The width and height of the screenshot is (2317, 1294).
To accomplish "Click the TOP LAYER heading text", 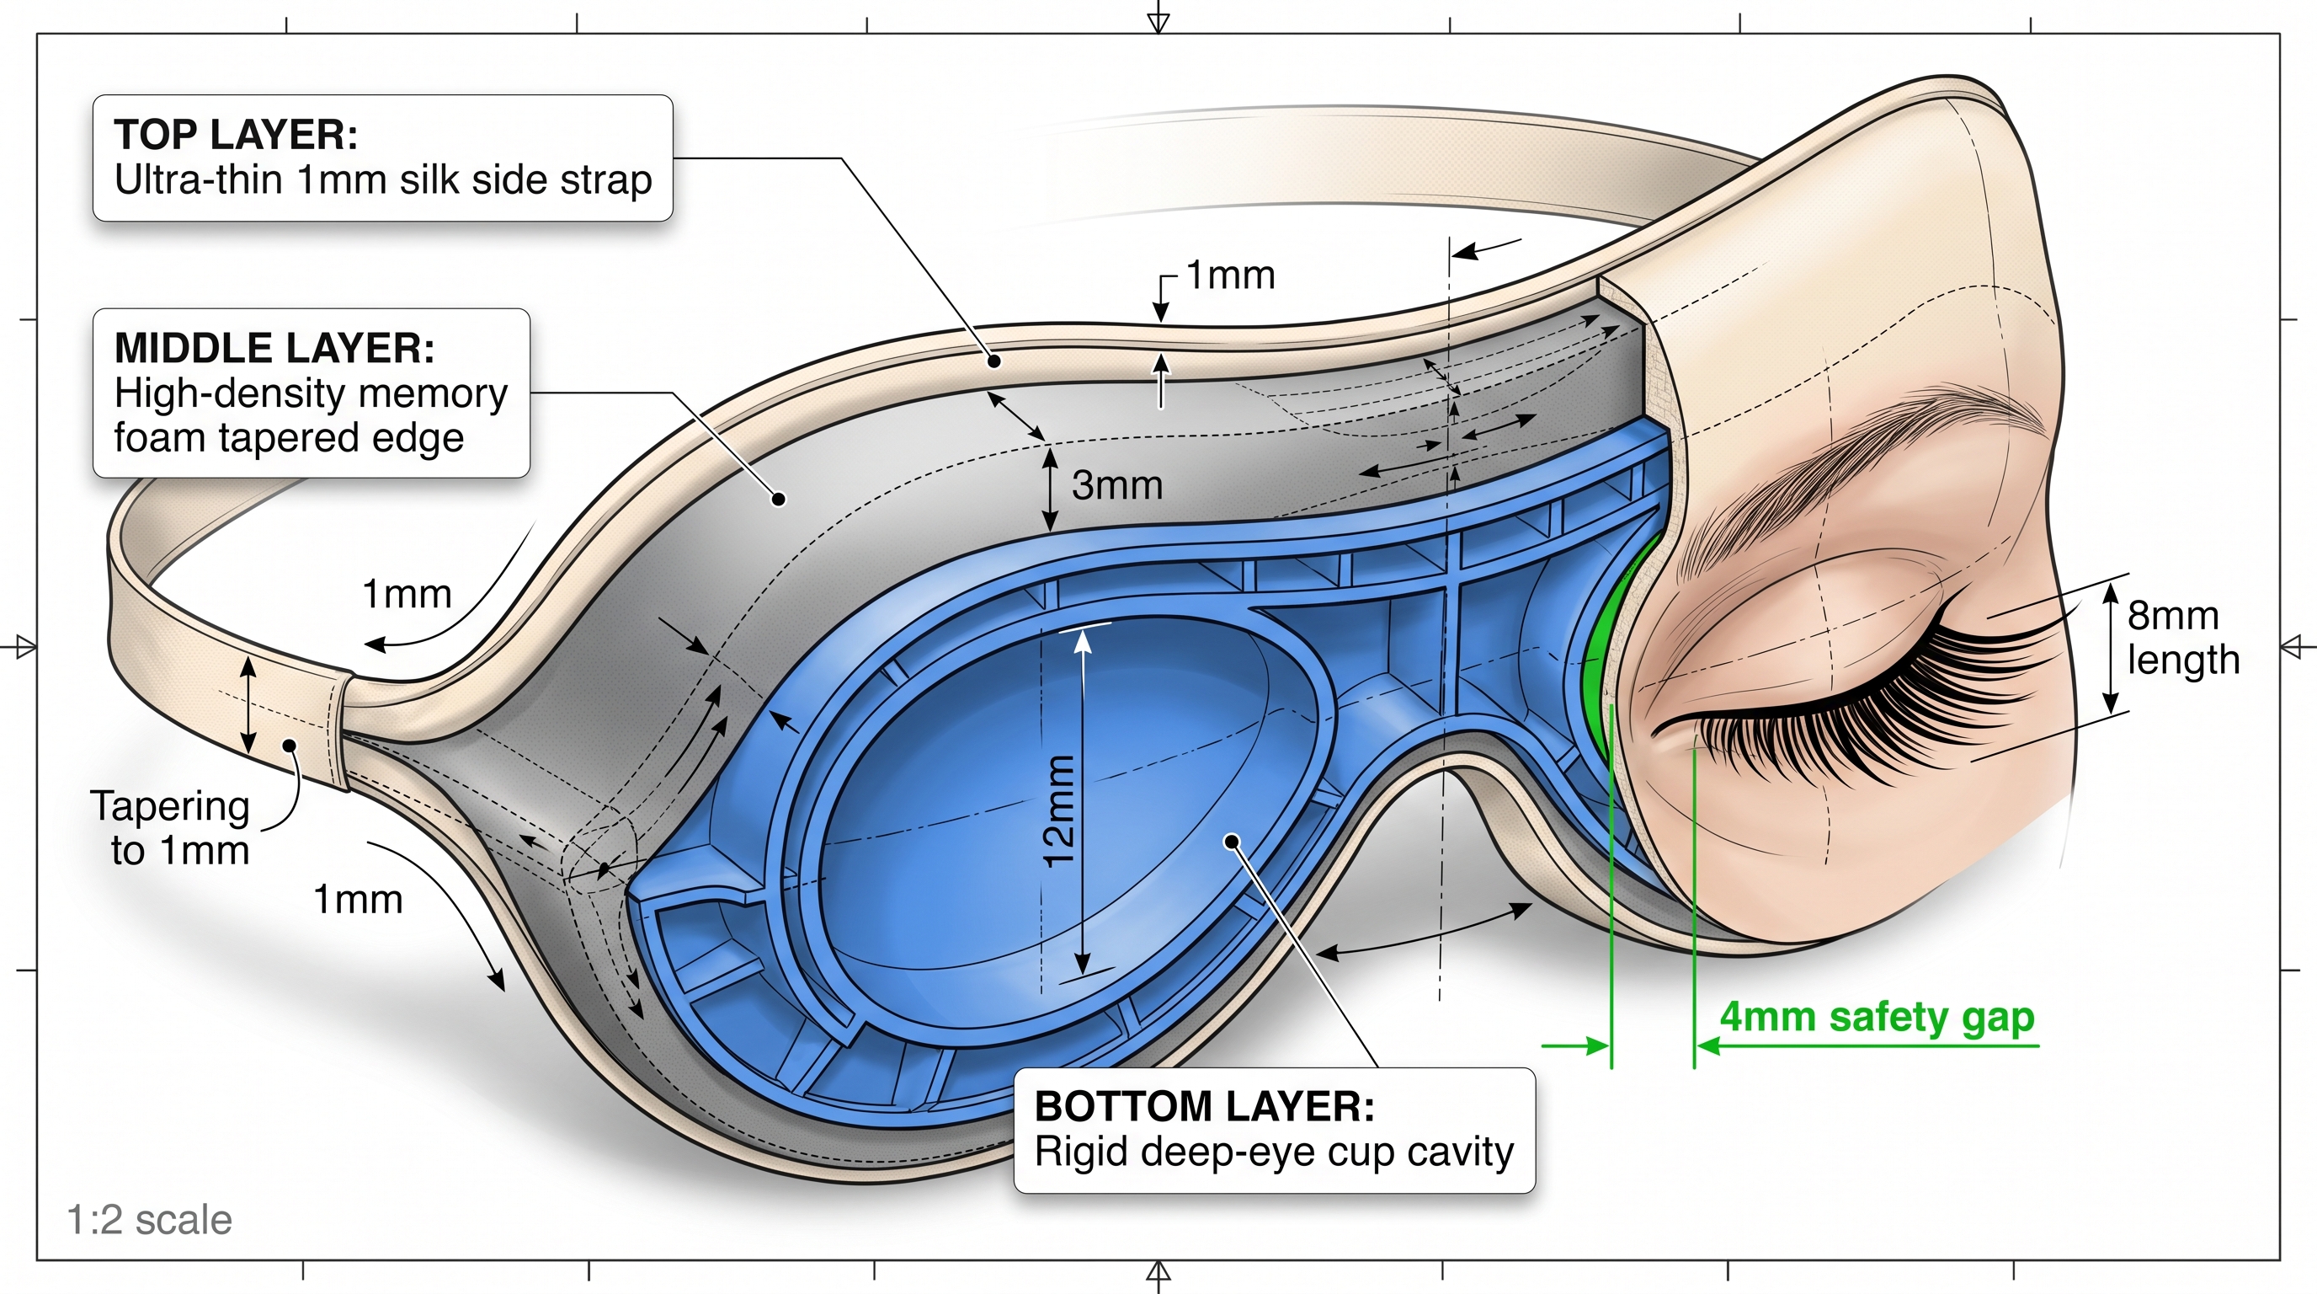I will click(236, 136).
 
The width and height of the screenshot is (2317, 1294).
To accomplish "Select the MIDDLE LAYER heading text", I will click(274, 349).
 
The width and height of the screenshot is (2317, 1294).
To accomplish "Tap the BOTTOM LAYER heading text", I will click(1204, 1107).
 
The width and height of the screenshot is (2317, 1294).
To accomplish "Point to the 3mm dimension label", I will click(1117, 486).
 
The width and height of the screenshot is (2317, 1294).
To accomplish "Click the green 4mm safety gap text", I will click(1877, 1018).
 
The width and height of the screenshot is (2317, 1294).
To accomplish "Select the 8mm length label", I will click(2182, 638).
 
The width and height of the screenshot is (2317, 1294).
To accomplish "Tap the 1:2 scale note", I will click(149, 1221).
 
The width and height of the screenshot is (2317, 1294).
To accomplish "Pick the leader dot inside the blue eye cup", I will click(1233, 842).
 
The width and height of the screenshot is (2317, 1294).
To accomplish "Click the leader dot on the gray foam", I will click(779, 498).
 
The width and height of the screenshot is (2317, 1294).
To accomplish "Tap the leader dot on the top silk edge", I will click(993, 361).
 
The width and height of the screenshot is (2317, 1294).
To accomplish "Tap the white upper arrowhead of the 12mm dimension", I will click(1083, 639).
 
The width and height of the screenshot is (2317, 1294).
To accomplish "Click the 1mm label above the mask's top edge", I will click(1230, 276).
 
